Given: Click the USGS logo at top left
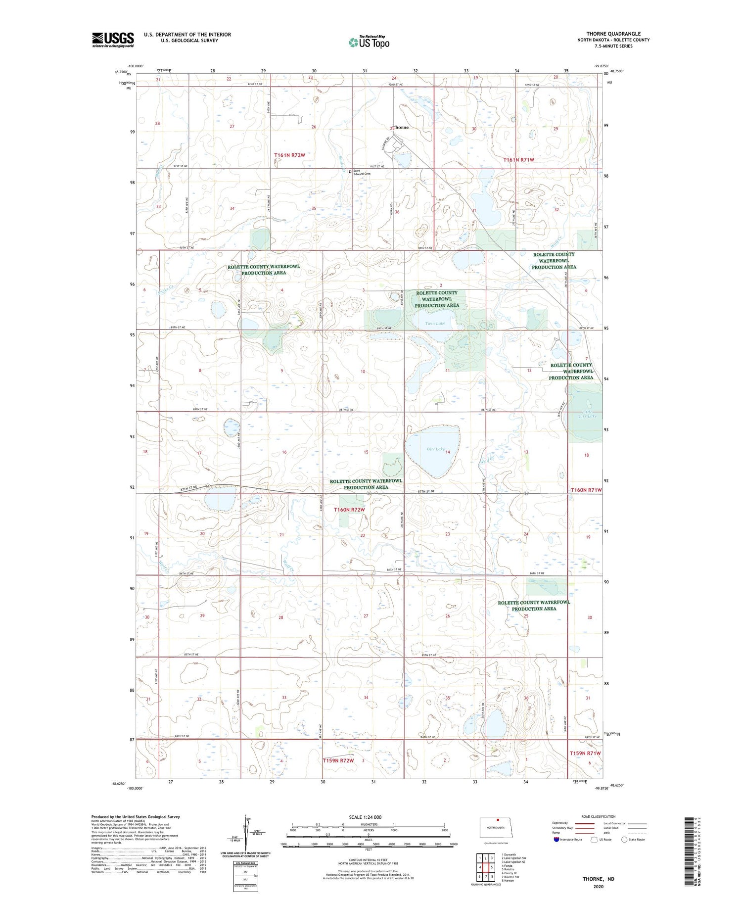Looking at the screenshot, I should coord(113,40).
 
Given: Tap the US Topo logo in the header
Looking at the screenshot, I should coord(369,43).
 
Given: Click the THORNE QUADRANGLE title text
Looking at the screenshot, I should coord(612,34).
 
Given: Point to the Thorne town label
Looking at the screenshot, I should coord(401,127).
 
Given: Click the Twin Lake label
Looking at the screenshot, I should coord(435,324).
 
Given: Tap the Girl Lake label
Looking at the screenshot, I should coord(436,449).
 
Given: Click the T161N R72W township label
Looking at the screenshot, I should coord(290,155).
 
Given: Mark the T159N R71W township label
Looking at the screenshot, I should coord(585,753).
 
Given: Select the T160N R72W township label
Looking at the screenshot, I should coord(349,510).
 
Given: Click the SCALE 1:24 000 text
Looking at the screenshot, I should coord(365,817).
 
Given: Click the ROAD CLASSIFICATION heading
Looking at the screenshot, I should coord(599,816).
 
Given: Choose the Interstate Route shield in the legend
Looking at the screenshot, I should coord(556,840).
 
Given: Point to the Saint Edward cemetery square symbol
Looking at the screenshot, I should coord(350,172).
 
